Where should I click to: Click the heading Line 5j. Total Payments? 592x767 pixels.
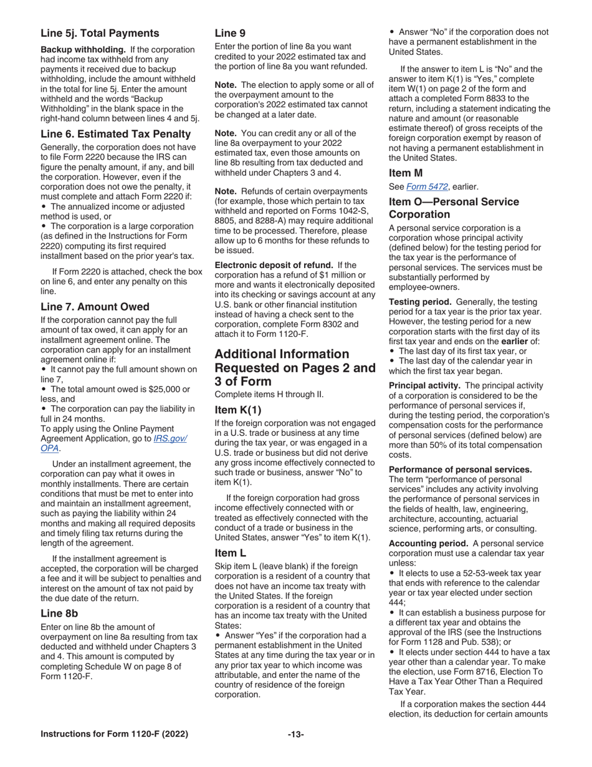100,33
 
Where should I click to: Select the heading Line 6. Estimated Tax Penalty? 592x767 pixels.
115,133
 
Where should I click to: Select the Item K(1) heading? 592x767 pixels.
238,410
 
